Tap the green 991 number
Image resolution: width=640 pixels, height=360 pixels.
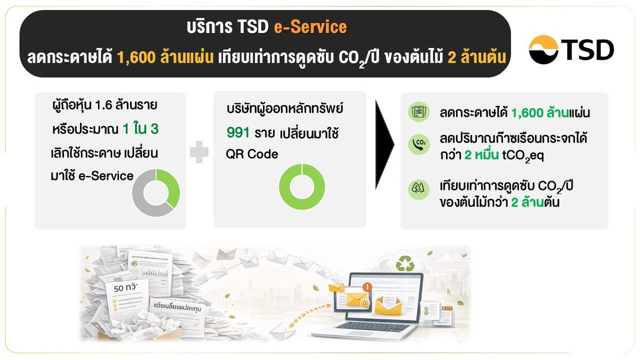[238, 132]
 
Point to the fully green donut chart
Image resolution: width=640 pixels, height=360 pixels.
[302, 187]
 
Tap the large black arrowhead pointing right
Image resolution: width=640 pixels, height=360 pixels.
[386, 143]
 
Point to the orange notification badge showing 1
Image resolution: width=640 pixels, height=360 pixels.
[366, 287]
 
